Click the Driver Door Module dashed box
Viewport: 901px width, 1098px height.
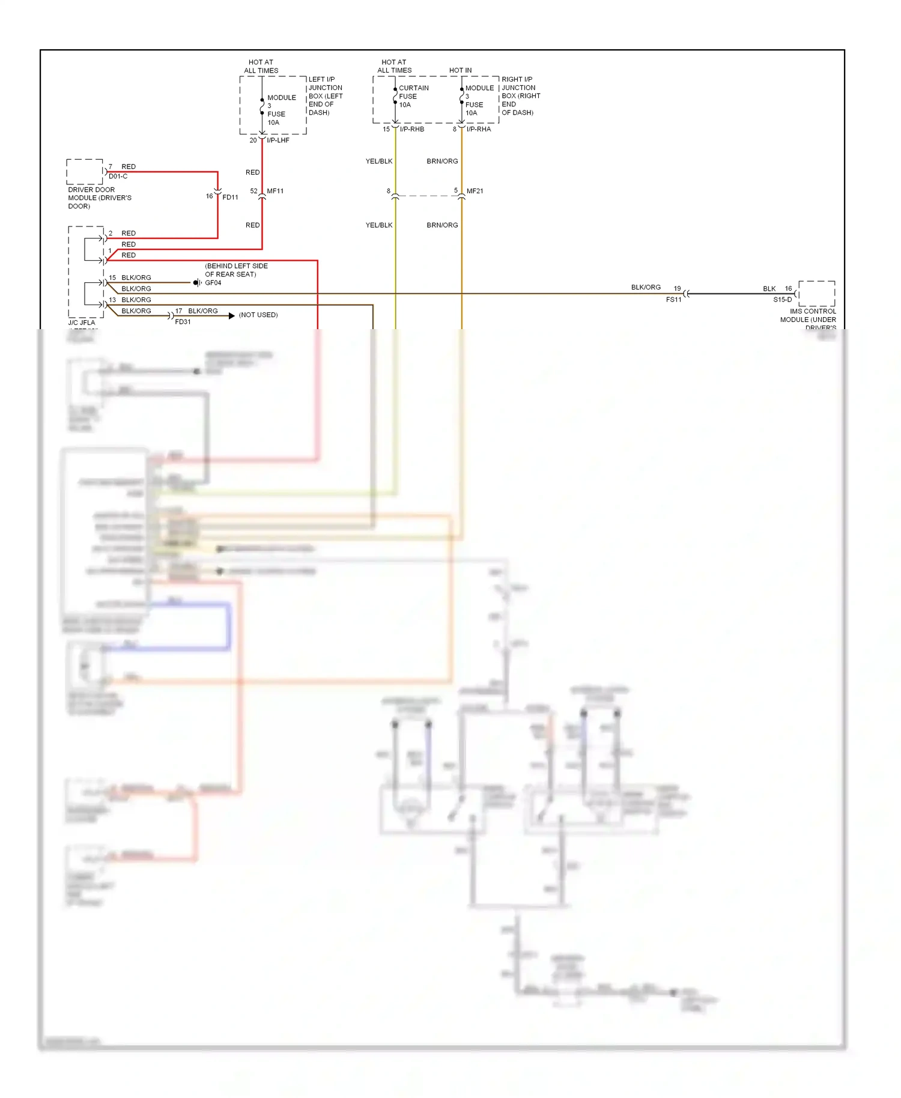pyautogui.click(x=85, y=172)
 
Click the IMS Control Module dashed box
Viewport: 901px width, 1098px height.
pyautogui.click(x=816, y=293)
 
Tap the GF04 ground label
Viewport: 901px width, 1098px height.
pyautogui.click(x=213, y=283)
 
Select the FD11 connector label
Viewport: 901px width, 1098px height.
pyautogui.click(x=230, y=197)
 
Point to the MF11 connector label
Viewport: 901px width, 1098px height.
pyautogui.click(x=275, y=191)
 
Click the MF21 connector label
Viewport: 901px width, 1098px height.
pyautogui.click(x=475, y=191)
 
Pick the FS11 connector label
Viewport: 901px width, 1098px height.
pyautogui.click(x=673, y=300)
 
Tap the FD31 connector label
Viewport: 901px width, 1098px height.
pyautogui.click(x=183, y=322)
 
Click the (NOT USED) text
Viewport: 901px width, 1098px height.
pyautogui.click(x=258, y=315)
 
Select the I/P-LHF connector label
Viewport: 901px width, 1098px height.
pyautogui.click(x=278, y=140)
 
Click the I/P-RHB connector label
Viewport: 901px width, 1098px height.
pyautogui.click(x=412, y=129)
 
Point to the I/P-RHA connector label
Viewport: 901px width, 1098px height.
pyautogui.click(x=479, y=129)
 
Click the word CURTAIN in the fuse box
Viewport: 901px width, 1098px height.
pyautogui.click(x=414, y=88)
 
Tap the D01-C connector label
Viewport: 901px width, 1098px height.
pyautogui.click(x=118, y=177)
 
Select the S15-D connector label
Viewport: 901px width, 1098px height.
pyautogui.click(x=782, y=300)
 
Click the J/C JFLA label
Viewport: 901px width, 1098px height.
pyautogui.click(x=82, y=323)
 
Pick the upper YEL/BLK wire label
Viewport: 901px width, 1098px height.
pyautogui.click(x=379, y=161)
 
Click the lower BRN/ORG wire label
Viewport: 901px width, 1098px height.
pyautogui.click(x=442, y=225)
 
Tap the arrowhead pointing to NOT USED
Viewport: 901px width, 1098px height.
pyautogui.click(x=232, y=315)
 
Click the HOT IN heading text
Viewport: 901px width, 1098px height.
pyautogui.click(x=460, y=70)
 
